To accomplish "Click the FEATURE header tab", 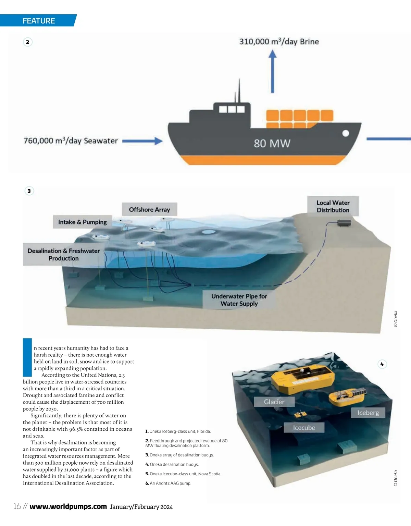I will coord(38,21).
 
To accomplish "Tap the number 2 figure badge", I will coord(28,42).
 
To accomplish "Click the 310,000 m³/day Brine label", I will coord(279,42).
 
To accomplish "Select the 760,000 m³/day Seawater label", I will coord(71,141).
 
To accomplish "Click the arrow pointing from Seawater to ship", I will coord(142,141).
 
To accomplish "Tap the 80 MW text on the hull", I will coord(272,143).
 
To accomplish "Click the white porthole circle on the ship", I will coord(346,133).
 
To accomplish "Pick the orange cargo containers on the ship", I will coord(299,119).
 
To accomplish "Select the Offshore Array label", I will coord(149,209).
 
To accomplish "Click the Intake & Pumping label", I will coord(83,222).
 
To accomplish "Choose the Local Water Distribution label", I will coord(333,206).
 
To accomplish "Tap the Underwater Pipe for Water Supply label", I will coord(239,300).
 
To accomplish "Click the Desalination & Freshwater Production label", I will coord(64,255).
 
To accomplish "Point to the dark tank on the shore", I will coord(344,223).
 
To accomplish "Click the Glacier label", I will coord(274,402).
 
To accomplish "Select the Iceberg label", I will coord(368,413).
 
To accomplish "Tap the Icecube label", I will coord(304,428).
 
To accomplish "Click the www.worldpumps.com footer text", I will coord(68,506).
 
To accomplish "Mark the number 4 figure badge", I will coord(382,364).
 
